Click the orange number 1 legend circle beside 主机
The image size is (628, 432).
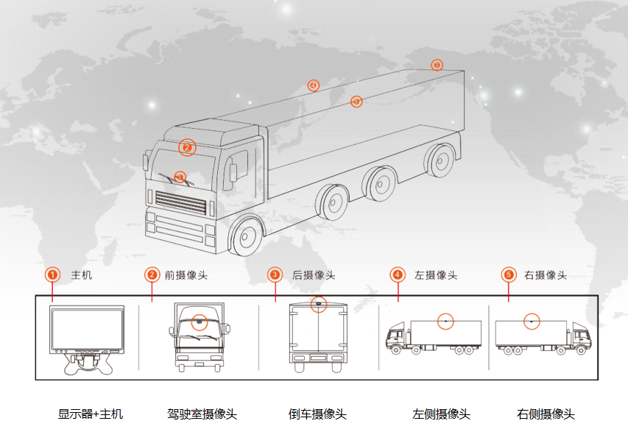pos(52,275)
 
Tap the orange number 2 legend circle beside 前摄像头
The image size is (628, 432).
pos(152,275)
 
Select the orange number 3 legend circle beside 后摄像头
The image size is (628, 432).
pos(275,275)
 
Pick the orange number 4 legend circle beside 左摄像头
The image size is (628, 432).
pos(398,275)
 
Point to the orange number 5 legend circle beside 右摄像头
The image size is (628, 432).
pos(508,275)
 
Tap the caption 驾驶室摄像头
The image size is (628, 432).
pos(202,414)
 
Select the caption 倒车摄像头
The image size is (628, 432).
pos(317,414)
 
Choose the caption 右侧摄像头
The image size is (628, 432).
pos(546,414)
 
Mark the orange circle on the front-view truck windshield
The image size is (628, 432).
pos(200,322)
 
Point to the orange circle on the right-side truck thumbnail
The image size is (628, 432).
pos(532,321)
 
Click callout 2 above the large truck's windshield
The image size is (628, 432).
pos(187,147)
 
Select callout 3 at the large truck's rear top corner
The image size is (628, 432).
pos(437,65)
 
